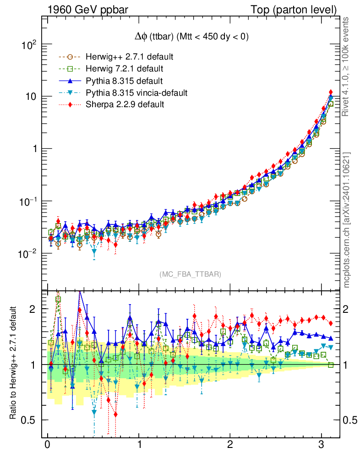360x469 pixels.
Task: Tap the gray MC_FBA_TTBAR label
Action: [x=191, y=274]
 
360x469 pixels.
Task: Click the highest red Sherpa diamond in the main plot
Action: [x=331, y=93]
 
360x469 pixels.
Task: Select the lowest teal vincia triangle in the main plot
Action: [x=94, y=251]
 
